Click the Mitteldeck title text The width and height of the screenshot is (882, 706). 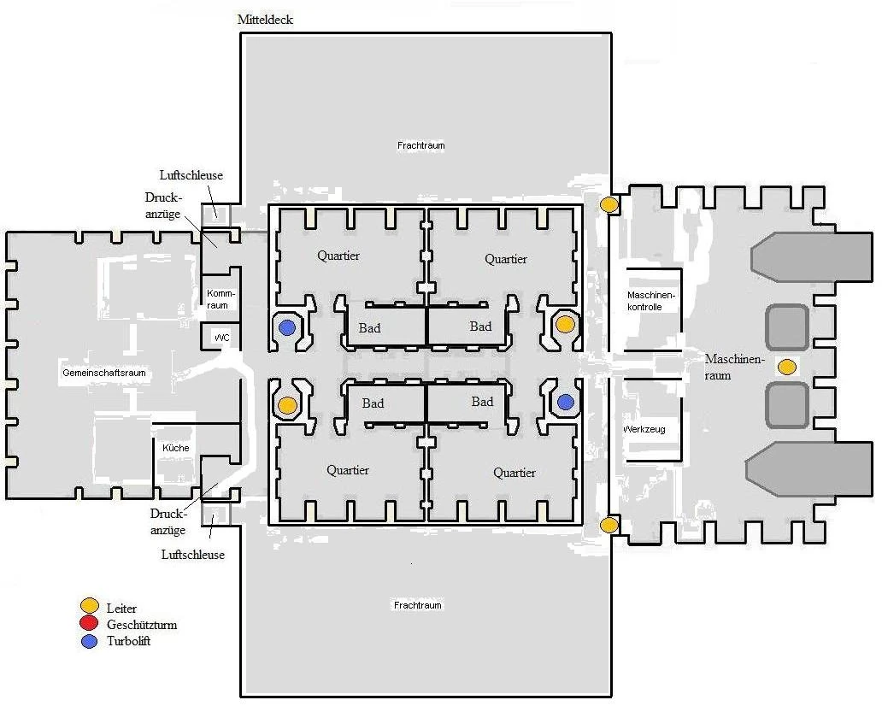(x=265, y=20)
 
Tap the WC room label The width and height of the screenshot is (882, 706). (x=222, y=338)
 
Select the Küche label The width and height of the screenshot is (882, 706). (x=175, y=448)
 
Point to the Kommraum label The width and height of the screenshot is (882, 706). (x=219, y=299)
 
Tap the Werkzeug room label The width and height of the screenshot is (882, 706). (x=644, y=429)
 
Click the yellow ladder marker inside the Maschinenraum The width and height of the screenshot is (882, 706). (x=786, y=368)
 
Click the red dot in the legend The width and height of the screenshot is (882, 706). (x=90, y=625)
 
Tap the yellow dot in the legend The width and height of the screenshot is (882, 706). (x=90, y=609)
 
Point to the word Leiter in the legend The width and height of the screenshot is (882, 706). (x=122, y=609)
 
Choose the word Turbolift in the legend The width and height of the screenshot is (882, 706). (x=129, y=641)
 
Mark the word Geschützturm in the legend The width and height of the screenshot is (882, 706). (x=142, y=625)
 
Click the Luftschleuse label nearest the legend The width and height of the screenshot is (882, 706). (x=193, y=555)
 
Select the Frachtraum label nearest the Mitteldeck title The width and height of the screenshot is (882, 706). (x=420, y=145)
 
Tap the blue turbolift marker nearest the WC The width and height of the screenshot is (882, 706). (x=288, y=327)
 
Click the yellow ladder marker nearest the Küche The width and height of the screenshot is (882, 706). (x=288, y=404)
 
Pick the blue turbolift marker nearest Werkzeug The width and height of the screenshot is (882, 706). (x=566, y=401)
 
